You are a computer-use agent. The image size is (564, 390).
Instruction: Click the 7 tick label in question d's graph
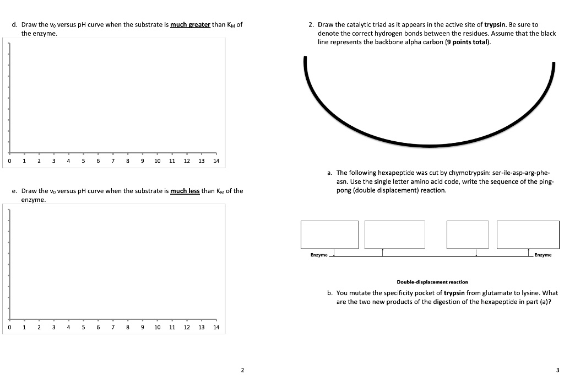112,161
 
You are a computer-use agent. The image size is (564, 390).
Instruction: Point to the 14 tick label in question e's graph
216,327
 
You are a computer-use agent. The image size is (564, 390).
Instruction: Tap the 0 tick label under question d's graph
9,161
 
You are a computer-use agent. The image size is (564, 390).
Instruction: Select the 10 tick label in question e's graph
157,327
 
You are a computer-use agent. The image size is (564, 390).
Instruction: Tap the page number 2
242,370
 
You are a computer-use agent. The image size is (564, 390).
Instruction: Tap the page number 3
557,370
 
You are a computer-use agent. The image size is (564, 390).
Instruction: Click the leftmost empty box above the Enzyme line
329,234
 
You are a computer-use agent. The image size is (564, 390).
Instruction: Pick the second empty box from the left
394,234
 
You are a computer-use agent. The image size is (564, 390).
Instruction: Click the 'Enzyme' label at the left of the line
318,255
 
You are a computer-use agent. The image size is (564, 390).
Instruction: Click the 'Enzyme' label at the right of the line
543,255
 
